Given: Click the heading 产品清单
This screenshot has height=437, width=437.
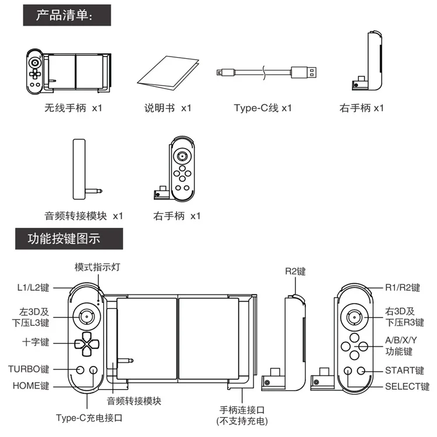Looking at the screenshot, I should tap(64, 15).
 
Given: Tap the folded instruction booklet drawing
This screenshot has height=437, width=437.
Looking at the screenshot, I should tap(167, 75).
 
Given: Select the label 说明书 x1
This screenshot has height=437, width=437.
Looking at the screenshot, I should tap(168, 108).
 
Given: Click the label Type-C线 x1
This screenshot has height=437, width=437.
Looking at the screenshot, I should tap(263, 108).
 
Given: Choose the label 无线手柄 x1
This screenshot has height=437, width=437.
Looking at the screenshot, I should tap(73, 108).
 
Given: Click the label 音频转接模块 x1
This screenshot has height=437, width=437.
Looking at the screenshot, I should tap(84, 216).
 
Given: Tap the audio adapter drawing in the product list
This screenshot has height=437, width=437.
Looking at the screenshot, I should tap(82, 169).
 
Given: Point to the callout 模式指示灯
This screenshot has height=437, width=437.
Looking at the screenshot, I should tap(97, 267).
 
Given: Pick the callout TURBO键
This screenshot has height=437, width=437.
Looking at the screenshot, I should tap(29, 369).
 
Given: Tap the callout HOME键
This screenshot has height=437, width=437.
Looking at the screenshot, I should tap(32, 386).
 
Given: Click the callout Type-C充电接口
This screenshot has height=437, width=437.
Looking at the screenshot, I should tap(89, 418).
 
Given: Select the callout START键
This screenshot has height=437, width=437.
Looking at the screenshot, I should tap(406, 369).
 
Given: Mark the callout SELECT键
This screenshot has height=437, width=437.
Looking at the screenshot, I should tap(407, 386).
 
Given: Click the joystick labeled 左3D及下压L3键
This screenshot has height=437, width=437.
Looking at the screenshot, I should tap(86, 317).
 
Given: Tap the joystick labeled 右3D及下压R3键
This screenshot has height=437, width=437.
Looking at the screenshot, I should tap(354, 317).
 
